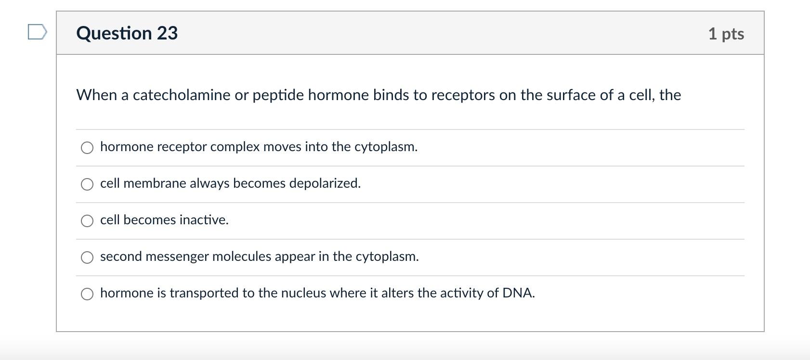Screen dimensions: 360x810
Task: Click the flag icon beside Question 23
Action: [x=37, y=32]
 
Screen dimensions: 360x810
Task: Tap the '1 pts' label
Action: [x=726, y=34]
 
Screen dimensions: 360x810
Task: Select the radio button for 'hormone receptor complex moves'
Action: [x=87, y=148]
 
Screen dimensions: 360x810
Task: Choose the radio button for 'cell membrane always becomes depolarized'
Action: [x=87, y=184]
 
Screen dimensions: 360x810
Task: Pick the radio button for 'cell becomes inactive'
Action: [x=87, y=221]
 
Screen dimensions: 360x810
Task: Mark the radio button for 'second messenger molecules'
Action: [x=87, y=257]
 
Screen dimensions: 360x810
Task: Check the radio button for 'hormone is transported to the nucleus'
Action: [x=87, y=294]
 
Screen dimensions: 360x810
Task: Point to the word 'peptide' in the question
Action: [x=278, y=95]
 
